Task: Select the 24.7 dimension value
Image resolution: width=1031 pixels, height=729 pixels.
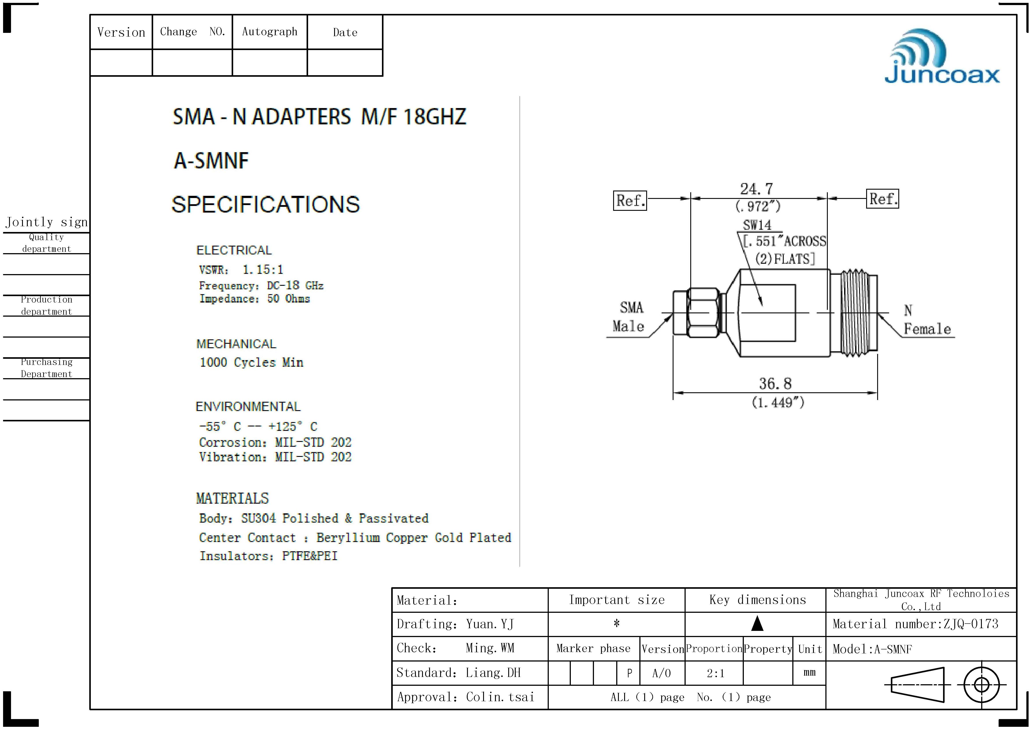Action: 757,189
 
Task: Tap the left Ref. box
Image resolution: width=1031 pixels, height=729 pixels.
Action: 630,200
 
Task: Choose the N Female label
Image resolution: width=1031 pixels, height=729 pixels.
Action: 927,319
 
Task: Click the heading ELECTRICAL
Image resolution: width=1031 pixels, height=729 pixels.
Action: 234,250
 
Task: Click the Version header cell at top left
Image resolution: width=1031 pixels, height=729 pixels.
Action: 121,32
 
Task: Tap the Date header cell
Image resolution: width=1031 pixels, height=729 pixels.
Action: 345,32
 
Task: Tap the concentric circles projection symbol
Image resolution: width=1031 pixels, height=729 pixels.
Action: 982,685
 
